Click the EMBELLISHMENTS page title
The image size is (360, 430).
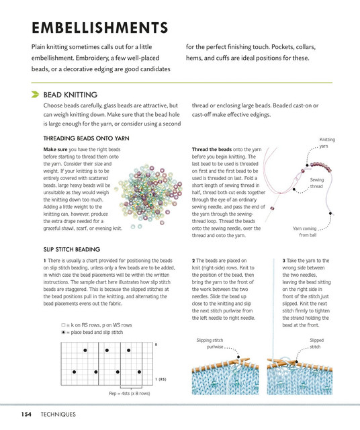tap(100, 28)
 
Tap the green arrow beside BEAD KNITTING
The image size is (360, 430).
tap(35, 94)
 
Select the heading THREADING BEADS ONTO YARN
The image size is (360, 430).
tap(86, 138)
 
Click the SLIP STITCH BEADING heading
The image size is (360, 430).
tap(72, 249)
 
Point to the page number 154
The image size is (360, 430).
tap(26, 414)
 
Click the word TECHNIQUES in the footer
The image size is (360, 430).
tap(58, 414)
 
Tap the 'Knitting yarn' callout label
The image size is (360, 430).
tap(326, 142)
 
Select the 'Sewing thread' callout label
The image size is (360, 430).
tap(316, 183)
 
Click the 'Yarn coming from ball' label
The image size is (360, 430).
tap(305, 231)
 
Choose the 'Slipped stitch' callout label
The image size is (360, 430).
tap(316, 343)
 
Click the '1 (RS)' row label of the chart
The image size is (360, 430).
tap(161, 379)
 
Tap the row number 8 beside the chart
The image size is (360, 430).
tap(156, 345)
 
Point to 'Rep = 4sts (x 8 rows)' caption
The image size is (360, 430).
tap(130, 393)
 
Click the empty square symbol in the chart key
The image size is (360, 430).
tap(63, 325)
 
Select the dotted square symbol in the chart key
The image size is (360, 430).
tap(63, 332)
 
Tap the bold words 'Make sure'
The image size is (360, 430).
tap(55, 149)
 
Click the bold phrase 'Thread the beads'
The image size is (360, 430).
tap(212, 149)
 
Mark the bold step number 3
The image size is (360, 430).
tap(284, 261)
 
